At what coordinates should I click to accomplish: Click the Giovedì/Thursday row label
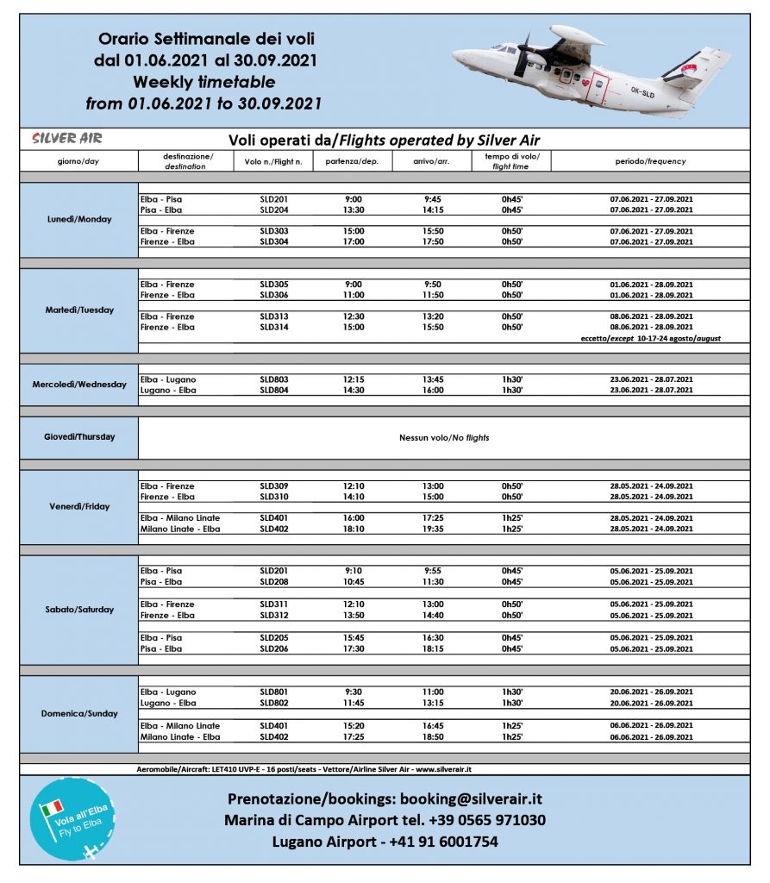pyautogui.click(x=79, y=437)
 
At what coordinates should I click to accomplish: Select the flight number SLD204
pyautogui.click(x=273, y=210)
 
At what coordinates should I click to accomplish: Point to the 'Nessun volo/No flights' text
pyautogui.click(x=444, y=438)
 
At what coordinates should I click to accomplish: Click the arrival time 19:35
pyautogui.click(x=434, y=529)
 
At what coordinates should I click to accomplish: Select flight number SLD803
pyautogui.click(x=273, y=379)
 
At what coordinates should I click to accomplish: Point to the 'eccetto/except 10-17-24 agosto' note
pyautogui.click(x=652, y=339)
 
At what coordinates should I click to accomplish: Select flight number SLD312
pyautogui.click(x=273, y=616)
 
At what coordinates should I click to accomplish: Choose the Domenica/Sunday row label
pyautogui.click(x=79, y=714)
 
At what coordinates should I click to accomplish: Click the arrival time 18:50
pyautogui.click(x=434, y=737)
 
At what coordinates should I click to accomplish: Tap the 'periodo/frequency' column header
pyautogui.click(x=650, y=161)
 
